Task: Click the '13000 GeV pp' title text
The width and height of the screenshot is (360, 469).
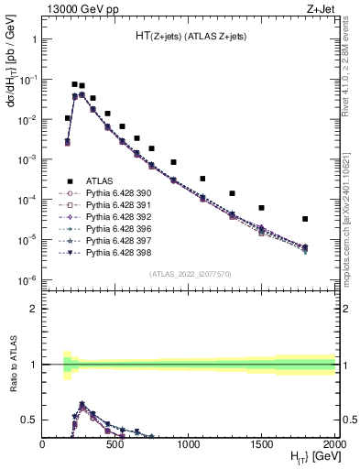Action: click(x=75, y=8)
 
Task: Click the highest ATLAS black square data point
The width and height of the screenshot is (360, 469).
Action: click(x=74, y=84)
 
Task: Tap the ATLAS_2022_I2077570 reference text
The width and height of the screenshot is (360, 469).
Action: click(x=189, y=274)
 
